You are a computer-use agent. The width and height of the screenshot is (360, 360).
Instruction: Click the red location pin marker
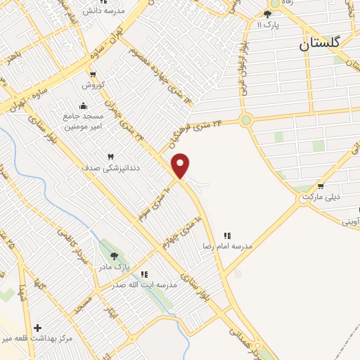click(x=181, y=165)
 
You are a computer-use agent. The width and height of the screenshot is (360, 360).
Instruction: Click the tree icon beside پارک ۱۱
click(x=267, y=13)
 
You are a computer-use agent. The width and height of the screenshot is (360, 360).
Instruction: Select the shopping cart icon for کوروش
click(x=92, y=75)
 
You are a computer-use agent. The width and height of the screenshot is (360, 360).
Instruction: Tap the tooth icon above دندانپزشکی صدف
click(x=110, y=156)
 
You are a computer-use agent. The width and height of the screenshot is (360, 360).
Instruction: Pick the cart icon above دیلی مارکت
click(x=321, y=186)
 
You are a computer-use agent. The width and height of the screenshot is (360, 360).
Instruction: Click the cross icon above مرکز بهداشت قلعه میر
click(x=37, y=327)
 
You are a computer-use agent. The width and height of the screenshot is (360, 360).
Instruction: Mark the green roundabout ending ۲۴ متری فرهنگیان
click(x=245, y=120)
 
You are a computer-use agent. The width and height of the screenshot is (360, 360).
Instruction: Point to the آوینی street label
click(x=351, y=221)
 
